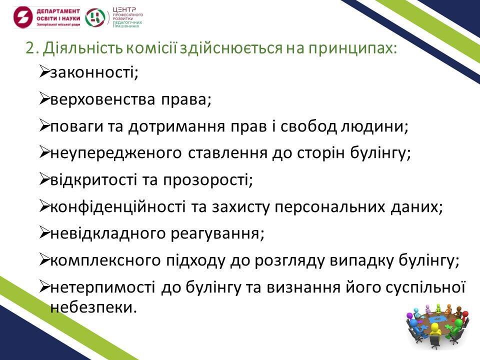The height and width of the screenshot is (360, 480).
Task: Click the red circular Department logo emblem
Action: pyautogui.click(x=23, y=17)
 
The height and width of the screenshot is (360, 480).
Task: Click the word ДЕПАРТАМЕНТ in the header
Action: pyautogui.click(x=58, y=11)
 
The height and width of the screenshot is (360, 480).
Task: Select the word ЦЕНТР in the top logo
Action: pyautogui.click(x=124, y=10)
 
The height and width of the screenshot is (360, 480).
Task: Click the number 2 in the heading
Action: pyautogui.click(x=30, y=48)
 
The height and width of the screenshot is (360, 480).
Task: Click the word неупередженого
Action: pyautogui.click(x=115, y=153)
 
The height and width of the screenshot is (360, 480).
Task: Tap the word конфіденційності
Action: pyautogui.click(x=118, y=206)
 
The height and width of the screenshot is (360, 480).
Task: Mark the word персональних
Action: pyautogui.click(x=329, y=207)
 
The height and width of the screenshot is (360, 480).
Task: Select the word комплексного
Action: pyautogui.click(x=105, y=261)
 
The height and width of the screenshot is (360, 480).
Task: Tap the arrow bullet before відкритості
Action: pyautogui.click(x=44, y=179)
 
